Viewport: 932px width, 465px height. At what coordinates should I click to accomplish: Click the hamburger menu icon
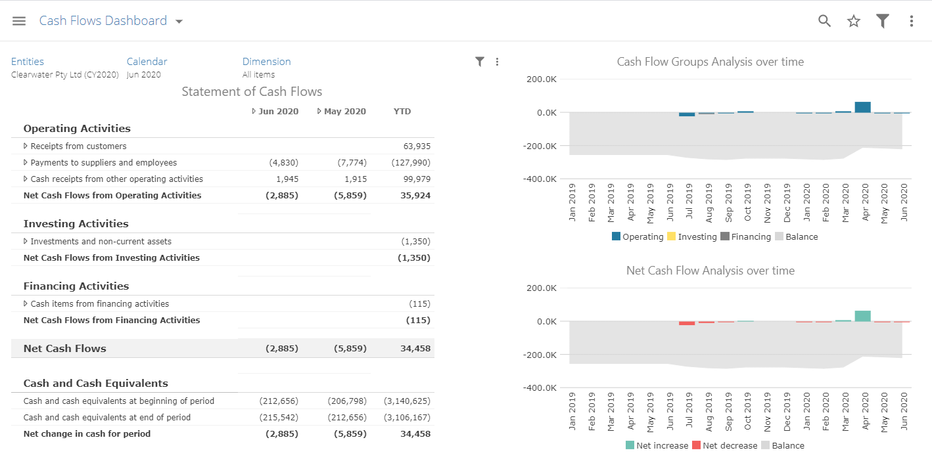pos(19,21)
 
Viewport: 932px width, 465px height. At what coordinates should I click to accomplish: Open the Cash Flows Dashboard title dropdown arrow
pos(179,22)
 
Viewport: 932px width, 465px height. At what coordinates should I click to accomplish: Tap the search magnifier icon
pos(824,21)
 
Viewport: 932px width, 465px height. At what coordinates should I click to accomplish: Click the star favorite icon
pos(854,21)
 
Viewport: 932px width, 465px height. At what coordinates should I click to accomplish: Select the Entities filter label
pos(28,62)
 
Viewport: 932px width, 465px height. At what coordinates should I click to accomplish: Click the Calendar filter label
pos(147,62)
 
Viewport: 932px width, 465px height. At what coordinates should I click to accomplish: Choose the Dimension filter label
pos(266,62)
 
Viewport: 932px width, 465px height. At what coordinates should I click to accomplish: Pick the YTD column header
pos(402,112)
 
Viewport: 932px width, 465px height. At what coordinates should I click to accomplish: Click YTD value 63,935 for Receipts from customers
pos(417,146)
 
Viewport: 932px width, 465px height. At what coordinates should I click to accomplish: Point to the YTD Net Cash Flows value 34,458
pos(415,349)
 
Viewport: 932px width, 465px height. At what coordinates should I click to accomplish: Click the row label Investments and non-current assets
pos(101,242)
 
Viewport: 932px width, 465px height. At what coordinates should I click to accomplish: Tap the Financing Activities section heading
pos(76,286)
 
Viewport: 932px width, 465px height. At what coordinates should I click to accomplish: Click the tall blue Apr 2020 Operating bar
pos(863,107)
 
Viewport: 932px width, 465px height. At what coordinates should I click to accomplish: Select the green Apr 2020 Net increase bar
pos(863,316)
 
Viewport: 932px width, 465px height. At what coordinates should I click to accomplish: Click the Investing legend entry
pos(697,236)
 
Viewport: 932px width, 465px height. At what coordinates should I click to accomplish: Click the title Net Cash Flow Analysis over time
pos(710,271)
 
